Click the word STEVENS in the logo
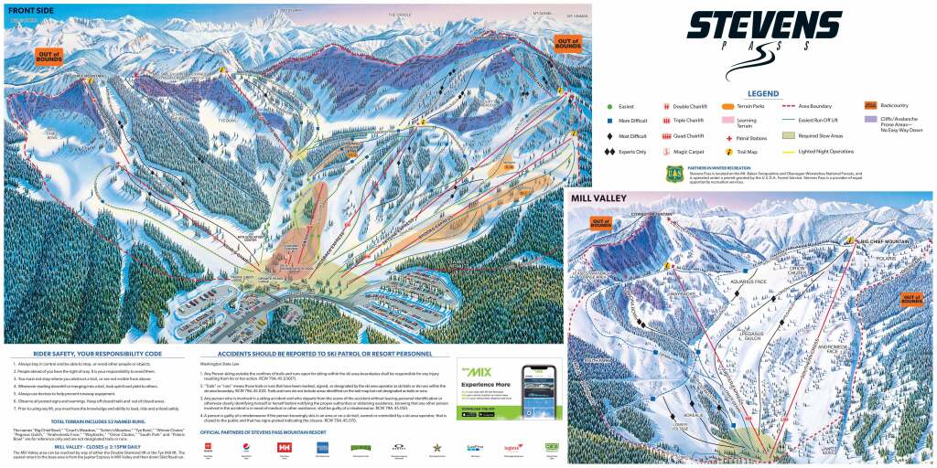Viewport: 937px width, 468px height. tap(764, 26)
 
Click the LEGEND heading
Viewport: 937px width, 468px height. tap(763, 93)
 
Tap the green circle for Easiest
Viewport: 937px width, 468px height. tap(608, 106)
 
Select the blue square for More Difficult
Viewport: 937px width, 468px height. tap(608, 121)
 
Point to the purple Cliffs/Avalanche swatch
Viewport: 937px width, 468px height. tap(871, 119)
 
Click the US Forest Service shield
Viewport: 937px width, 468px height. tap(673, 171)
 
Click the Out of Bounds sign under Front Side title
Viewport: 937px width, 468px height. tap(48, 57)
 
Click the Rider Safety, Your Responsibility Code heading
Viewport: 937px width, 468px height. tap(96, 353)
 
